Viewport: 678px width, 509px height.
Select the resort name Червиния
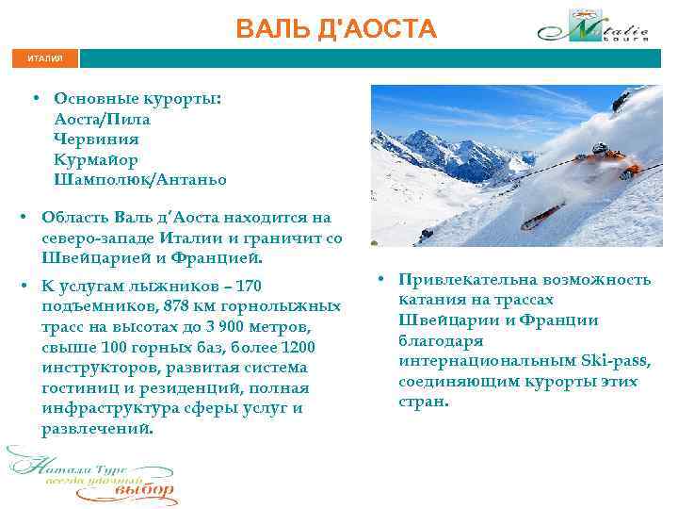click(x=96, y=140)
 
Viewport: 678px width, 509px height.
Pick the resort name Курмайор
click(x=96, y=159)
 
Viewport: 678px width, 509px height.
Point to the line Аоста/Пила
click(x=102, y=120)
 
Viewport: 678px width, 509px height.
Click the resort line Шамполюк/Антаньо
click(x=140, y=179)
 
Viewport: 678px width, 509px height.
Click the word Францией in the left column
click(x=216, y=257)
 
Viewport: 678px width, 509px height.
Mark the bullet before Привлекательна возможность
click(x=375, y=280)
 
